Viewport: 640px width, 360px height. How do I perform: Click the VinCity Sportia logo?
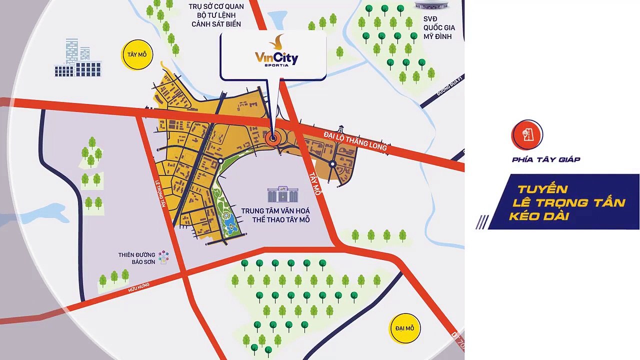point(276,52)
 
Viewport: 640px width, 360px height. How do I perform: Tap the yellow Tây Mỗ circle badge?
point(137,54)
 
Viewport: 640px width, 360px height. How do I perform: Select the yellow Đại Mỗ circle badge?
point(404,328)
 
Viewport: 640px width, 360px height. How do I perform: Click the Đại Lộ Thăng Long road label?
point(355,141)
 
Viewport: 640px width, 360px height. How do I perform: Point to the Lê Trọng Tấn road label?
point(160,192)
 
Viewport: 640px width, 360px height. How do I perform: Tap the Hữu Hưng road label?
point(138,287)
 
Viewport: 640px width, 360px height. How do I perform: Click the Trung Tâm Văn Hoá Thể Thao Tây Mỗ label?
point(275,215)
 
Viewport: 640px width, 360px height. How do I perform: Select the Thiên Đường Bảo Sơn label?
point(136,258)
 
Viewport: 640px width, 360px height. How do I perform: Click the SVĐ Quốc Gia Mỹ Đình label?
point(439,27)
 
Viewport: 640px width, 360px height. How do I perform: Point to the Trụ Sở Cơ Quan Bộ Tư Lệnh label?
point(216,15)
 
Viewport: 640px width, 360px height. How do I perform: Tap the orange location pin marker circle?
point(273,139)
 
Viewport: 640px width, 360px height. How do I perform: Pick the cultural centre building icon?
point(282,194)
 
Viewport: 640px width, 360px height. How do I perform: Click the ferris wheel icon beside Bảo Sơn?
point(163,257)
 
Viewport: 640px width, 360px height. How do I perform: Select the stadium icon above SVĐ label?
point(431,5)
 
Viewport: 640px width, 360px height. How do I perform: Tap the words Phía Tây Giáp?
point(546,159)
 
